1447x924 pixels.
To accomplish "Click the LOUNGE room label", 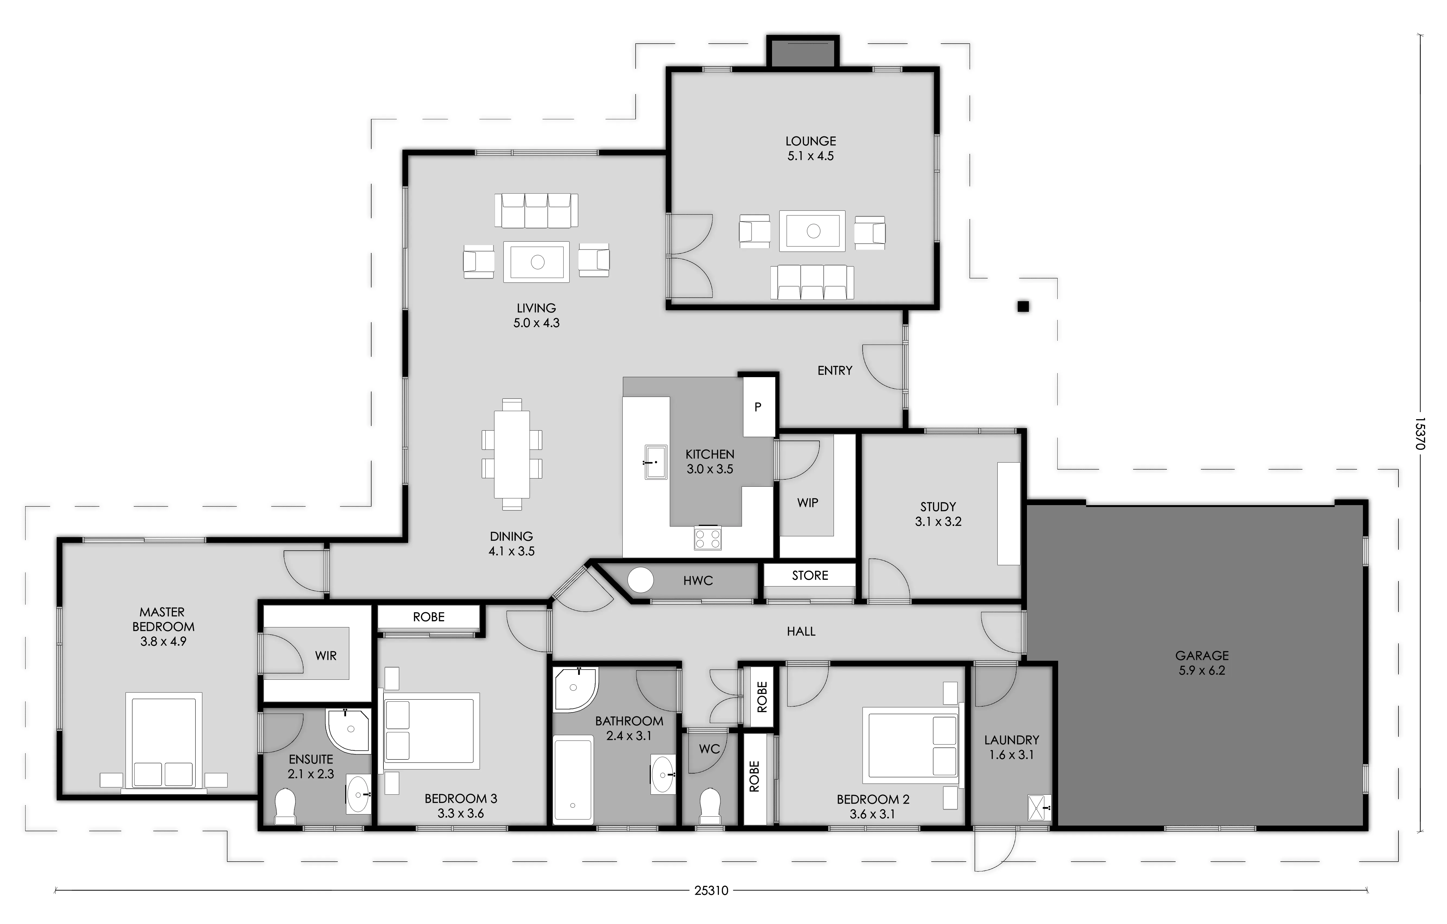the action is click(811, 141).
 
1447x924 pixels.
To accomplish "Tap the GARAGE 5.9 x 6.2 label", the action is click(1202, 663).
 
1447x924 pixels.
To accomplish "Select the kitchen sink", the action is click(656, 462).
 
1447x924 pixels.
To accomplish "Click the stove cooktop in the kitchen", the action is click(708, 538).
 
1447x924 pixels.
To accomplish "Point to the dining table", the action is click(512, 454).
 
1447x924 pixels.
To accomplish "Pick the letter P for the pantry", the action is click(758, 407).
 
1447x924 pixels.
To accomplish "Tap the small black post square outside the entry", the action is click(1023, 306).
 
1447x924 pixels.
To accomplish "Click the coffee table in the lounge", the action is click(812, 231).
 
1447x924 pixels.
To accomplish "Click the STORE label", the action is click(810, 576).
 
